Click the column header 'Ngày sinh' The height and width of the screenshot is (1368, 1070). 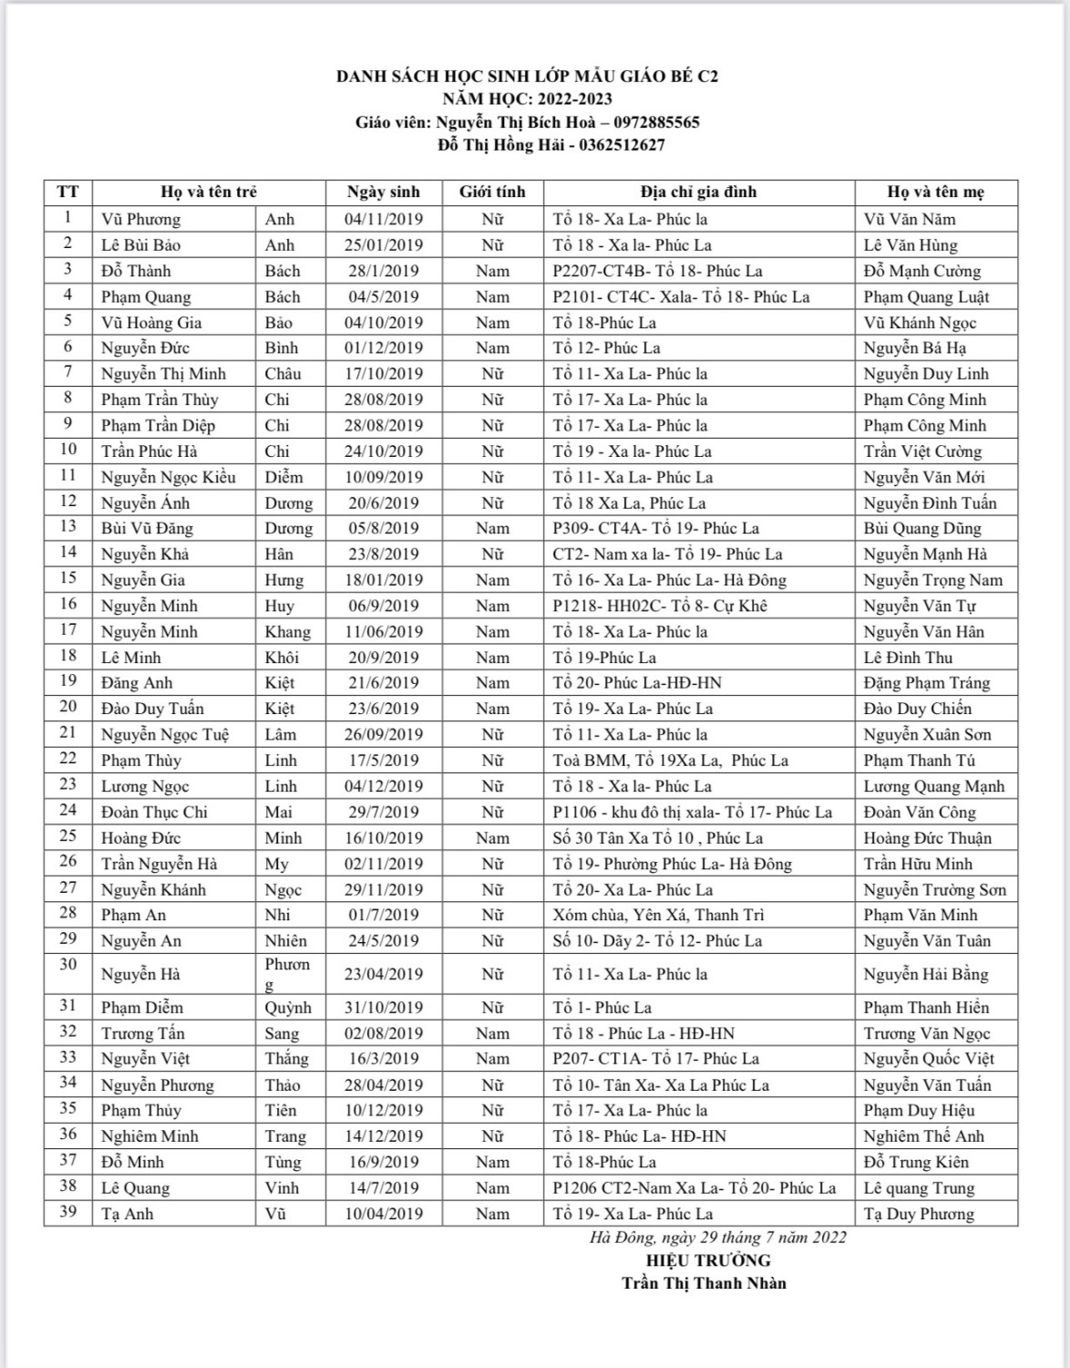[x=384, y=192]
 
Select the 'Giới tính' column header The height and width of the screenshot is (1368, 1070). [x=492, y=192]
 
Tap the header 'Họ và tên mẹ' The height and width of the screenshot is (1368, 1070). [x=935, y=192]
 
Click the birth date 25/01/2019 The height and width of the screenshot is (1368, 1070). [x=384, y=245]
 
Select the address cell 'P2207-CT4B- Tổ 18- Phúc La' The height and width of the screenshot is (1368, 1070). [x=656, y=271]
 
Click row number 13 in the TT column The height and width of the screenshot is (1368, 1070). [x=67, y=527]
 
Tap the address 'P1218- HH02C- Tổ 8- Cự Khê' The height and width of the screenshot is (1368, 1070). [x=660, y=606]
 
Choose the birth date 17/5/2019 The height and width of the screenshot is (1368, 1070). [x=384, y=761]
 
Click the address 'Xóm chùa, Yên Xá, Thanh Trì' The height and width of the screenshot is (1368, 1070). [x=658, y=915]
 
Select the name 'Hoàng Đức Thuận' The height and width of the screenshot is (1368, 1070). [x=927, y=838]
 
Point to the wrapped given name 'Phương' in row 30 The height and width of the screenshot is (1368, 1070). [x=287, y=974]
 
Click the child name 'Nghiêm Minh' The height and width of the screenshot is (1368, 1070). [x=149, y=1136]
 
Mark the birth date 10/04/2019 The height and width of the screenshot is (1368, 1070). [x=384, y=1214]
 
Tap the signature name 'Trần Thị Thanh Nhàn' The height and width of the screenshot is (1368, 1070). [x=704, y=1283]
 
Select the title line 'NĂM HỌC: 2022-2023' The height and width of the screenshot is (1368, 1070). [x=527, y=99]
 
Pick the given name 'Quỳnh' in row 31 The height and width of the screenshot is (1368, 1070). [x=288, y=1008]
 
